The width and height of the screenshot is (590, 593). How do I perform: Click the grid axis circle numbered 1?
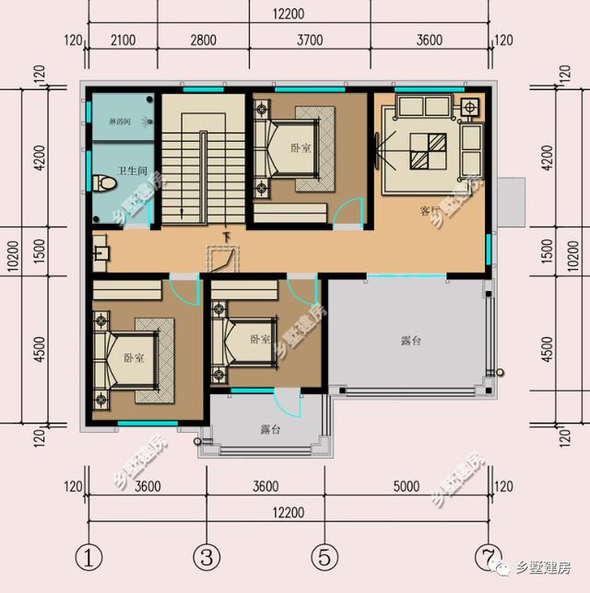(x=88, y=558)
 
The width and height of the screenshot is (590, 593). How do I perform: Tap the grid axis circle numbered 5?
(x=323, y=558)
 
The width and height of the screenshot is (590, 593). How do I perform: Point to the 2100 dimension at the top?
(x=123, y=40)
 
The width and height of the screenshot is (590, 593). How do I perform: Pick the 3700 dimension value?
(x=311, y=40)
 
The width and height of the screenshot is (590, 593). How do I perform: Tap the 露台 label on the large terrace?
(x=411, y=341)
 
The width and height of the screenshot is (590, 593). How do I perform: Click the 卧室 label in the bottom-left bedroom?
(x=134, y=358)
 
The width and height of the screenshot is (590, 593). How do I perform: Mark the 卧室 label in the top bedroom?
(x=301, y=147)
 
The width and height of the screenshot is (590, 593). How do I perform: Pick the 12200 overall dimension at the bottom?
(x=289, y=511)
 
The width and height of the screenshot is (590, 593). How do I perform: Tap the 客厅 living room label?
(x=430, y=211)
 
